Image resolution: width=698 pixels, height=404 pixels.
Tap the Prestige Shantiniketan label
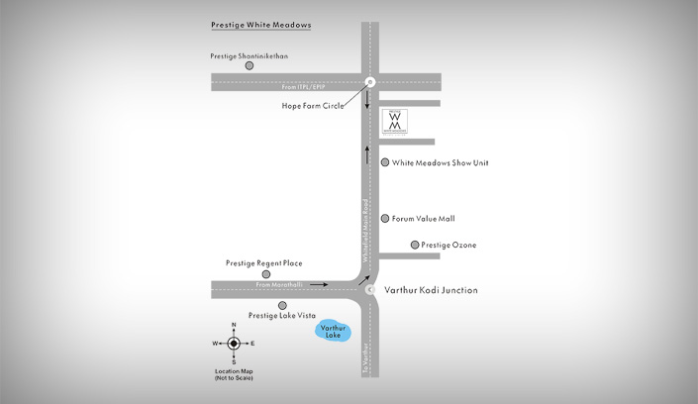pyautogui.click(x=249, y=56)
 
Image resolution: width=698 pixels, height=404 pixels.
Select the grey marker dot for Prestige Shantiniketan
pyautogui.click(x=236, y=66)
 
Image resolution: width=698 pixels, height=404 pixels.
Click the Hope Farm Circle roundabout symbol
pyautogui.click(x=369, y=82)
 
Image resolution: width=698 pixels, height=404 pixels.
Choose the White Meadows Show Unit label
pyautogui.click(x=440, y=162)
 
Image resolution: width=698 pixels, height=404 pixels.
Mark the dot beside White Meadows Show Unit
pyautogui.click(x=385, y=162)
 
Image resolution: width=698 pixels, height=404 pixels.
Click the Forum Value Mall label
pyautogui.click(x=423, y=219)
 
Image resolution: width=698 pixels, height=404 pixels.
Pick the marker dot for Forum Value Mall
pyautogui.click(x=385, y=219)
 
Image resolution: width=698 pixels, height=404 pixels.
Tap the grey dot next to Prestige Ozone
pyautogui.click(x=415, y=245)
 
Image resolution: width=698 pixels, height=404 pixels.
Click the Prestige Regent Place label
pyautogui.click(x=263, y=263)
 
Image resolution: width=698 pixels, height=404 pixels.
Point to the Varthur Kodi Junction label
pyautogui.click(x=431, y=290)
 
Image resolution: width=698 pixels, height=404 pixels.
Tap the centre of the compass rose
pyautogui.click(x=234, y=344)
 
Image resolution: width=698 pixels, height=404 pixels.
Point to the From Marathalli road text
pyautogui.click(x=277, y=285)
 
